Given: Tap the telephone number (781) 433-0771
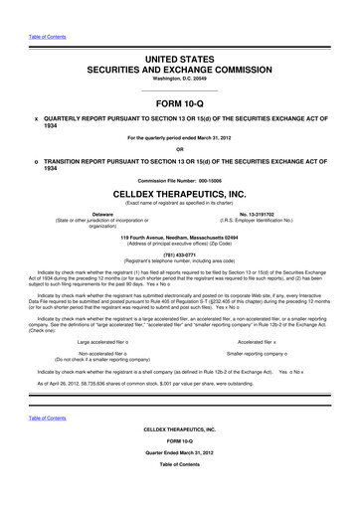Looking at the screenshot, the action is pos(180,252).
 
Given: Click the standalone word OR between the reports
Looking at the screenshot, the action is pos(180,149).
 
